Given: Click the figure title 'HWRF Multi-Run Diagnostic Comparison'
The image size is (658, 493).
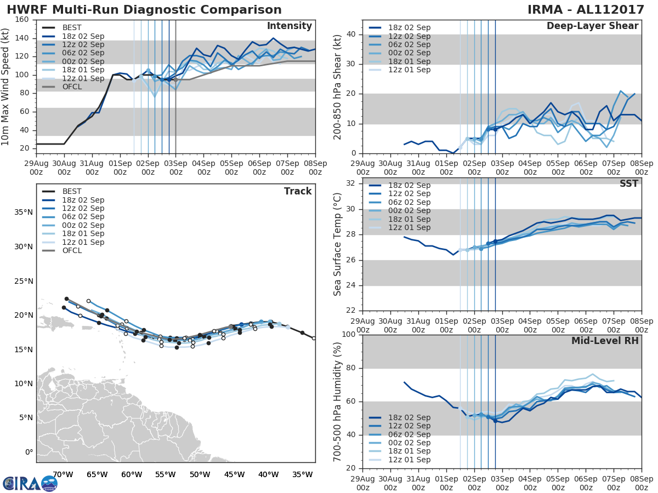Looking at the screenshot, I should [144, 10].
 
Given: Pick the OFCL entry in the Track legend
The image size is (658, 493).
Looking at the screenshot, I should [72, 251].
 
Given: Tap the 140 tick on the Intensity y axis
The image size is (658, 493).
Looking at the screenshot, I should [22, 38].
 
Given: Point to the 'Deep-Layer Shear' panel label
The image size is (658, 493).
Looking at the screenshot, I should [592, 26].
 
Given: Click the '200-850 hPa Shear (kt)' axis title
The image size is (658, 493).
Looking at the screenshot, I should [338, 87].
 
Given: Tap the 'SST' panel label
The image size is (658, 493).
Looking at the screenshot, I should [629, 184].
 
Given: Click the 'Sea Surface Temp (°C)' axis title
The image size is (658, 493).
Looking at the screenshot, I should [338, 244].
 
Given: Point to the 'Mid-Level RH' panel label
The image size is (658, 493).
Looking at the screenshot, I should [605, 341].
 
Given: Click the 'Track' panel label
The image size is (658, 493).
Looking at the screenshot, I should [298, 191].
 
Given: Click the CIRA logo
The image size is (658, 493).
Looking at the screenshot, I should [30, 483].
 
